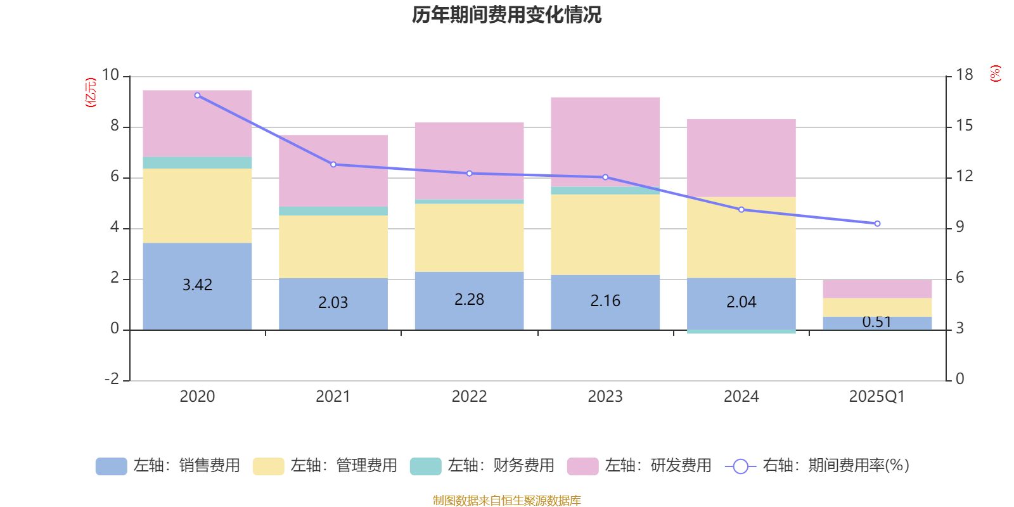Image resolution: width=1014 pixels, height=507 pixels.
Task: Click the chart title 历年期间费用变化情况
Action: [x=506, y=15]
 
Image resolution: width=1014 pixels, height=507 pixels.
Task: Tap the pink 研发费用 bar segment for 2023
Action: [x=605, y=141]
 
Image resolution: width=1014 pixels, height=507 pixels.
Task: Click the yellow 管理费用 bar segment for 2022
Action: [x=469, y=238]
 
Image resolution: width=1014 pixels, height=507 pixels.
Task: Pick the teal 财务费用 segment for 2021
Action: [x=333, y=210]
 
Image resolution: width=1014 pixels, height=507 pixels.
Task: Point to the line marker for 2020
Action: [x=198, y=95]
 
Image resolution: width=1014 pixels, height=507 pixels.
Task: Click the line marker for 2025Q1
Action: [x=877, y=224]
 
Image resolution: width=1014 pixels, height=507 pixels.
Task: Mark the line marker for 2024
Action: [x=741, y=209]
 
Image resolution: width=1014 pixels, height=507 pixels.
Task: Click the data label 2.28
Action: [x=469, y=299]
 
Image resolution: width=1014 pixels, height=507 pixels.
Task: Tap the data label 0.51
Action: [x=877, y=322]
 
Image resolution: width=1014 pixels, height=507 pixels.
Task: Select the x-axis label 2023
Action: [x=605, y=397]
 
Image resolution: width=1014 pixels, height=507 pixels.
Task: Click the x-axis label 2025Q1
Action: [x=877, y=397]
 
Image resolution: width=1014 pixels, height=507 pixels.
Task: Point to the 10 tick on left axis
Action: [x=111, y=75]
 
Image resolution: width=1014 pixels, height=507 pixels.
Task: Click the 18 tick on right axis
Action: [x=965, y=75]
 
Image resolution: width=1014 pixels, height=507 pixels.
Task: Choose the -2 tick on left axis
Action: [x=112, y=379]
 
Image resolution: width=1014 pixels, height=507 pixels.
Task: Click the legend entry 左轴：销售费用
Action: [x=168, y=466]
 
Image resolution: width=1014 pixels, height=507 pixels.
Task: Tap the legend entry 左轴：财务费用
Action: [x=482, y=466]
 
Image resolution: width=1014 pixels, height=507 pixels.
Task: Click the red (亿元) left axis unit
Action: [x=91, y=93]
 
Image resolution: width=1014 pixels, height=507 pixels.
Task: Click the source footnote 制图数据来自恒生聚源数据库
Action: [x=506, y=501]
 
